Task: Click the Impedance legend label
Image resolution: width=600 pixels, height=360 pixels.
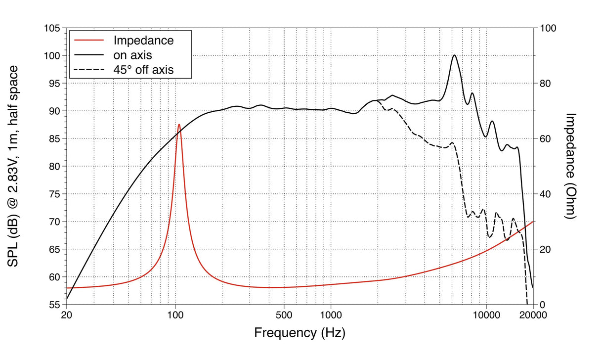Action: pos(143,40)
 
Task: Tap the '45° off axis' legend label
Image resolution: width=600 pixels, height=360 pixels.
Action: pos(143,70)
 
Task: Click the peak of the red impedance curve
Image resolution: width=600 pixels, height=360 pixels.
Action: pos(179,125)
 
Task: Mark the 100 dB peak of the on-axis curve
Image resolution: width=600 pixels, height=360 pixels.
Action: pos(454,55)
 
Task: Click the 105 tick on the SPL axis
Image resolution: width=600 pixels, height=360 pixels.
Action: pos(51,28)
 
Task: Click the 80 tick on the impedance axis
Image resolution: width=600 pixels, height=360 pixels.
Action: pos(545,84)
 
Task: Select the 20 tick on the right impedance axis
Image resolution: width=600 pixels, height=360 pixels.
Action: pos(545,249)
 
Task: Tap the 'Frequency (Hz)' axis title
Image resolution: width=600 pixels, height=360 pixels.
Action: pos(300,332)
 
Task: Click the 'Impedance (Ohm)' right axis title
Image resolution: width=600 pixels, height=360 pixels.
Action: pos(571,166)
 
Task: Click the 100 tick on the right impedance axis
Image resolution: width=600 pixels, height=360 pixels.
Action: pos(548,28)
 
